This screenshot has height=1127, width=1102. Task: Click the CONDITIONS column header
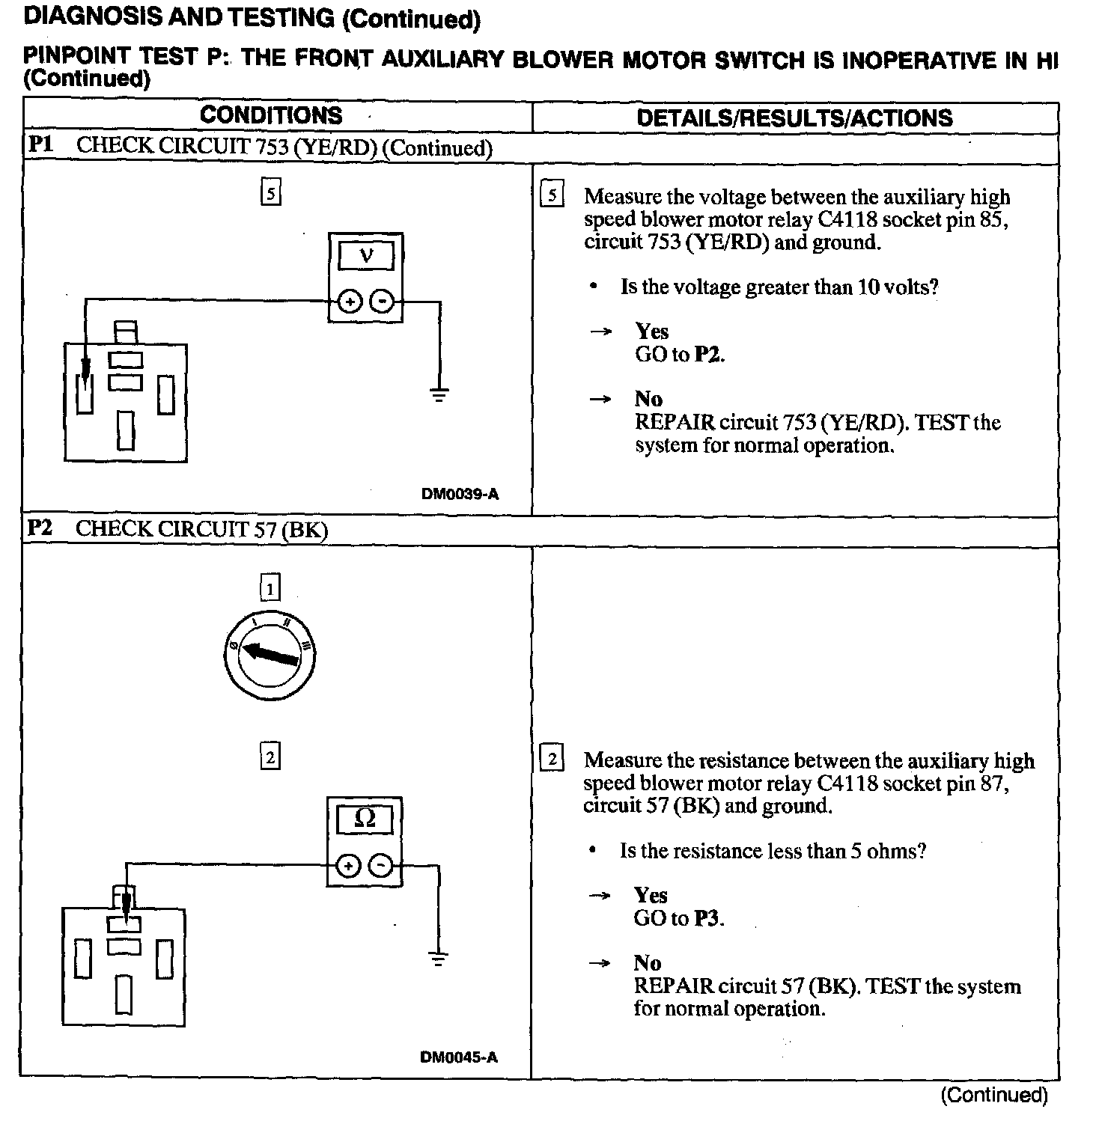point(271,115)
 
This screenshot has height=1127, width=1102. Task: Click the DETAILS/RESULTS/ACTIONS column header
point(794,117)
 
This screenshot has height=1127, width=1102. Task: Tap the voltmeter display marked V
point(365,256)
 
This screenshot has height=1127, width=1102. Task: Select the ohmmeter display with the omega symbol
point(365,819)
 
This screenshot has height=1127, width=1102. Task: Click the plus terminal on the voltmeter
point(349,302)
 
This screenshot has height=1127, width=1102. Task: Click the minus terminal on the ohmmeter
point(381,867)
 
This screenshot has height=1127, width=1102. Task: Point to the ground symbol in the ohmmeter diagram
point(438,958)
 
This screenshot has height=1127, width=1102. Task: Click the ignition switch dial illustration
point(270,655)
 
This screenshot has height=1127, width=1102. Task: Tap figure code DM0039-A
point(460,494)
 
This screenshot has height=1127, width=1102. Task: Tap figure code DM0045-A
point(459,1057)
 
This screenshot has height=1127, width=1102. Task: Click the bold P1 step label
point(40,144)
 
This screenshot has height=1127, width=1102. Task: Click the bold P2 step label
point(40,528)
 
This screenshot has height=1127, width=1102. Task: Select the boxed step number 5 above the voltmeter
point(270,193)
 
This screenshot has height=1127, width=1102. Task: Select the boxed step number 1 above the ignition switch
point(270,587)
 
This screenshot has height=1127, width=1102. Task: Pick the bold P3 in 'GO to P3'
point(707,918)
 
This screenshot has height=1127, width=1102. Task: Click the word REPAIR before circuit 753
point(675,423)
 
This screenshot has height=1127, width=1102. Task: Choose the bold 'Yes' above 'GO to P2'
point(651,332)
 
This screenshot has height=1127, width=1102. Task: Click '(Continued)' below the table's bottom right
point(994,1096)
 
